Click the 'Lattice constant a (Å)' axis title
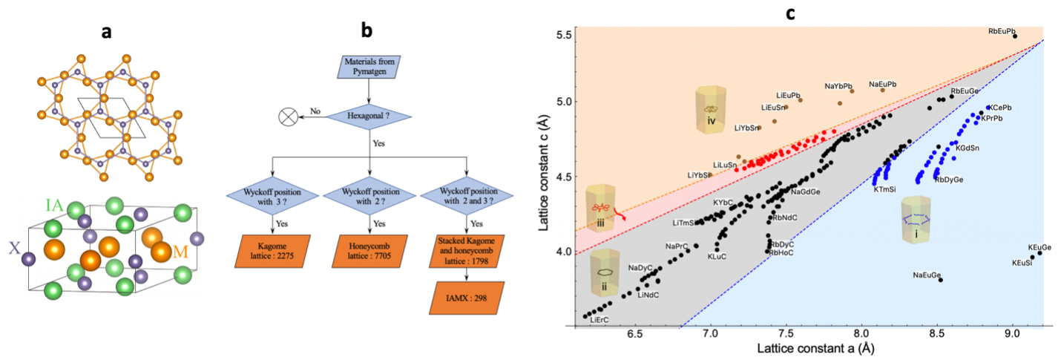click(809, 347)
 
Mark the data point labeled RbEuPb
click(1015, 36)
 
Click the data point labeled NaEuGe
click(941, 280)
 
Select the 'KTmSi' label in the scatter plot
click(889, 189)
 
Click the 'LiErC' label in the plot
click(599, 320)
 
